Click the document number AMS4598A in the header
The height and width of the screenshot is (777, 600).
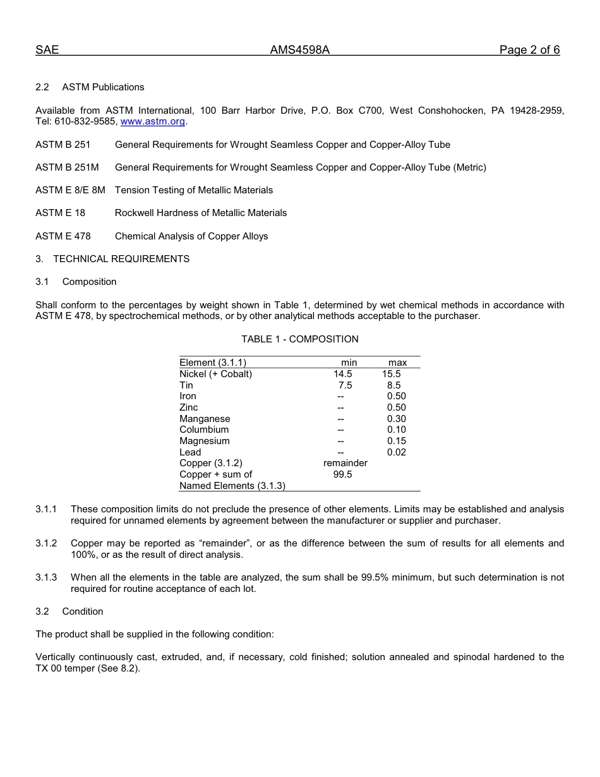click(300, 51)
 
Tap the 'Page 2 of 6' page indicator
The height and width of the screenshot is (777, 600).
click(529, 51)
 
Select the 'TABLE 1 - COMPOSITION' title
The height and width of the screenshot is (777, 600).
click(300, 339)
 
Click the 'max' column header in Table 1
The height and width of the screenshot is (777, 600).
click(398, 363)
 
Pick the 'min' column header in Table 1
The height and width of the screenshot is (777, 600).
click(349, 363)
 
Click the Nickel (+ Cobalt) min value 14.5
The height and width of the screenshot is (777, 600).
click(343, 374)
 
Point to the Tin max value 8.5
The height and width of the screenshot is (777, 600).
click(394, 385)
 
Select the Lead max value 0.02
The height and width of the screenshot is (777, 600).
click(397, 452)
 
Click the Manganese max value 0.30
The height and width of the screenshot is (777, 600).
click(397, 419)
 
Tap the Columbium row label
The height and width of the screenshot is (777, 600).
click(204, 430)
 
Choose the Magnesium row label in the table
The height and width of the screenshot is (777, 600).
click(205, 441)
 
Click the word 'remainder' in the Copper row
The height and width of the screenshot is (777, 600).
click(345, 463)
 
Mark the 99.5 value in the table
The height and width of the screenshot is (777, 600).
click(343, 474)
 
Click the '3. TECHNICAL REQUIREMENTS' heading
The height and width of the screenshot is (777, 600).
click(112, 259)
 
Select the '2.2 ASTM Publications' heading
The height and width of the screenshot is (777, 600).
click(90, 87)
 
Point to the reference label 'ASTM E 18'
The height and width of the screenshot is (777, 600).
click(60, 213)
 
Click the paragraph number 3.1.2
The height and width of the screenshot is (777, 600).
click(46, 543)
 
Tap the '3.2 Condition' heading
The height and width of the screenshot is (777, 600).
click(69, 611)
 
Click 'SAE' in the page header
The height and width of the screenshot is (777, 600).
click(47, 51)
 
